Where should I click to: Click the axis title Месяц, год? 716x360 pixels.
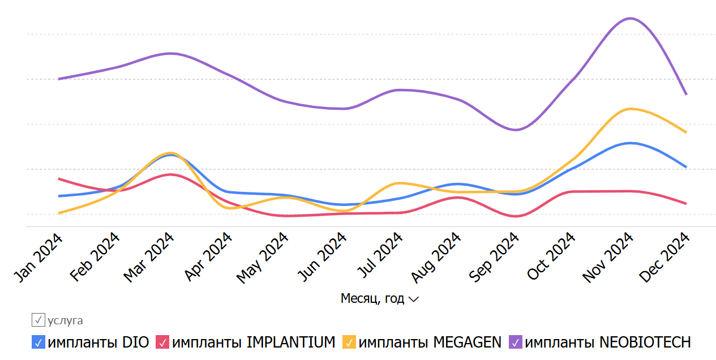(372, 298)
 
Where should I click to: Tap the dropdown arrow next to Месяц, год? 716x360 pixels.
(414, 299)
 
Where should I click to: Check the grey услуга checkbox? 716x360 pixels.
(38, 320)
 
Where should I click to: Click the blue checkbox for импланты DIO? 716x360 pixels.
(38, 342)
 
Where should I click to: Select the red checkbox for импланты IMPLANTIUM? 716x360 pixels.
(162, 342)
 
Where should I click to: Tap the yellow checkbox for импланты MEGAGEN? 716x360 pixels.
(350, 342)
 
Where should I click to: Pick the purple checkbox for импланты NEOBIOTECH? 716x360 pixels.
(516, 342)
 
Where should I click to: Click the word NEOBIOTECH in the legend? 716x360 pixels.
(645, 342)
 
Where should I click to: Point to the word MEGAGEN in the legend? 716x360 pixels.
(467, 342)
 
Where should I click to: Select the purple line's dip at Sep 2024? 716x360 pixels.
(516, 130)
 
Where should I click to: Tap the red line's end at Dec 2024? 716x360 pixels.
(687, 204)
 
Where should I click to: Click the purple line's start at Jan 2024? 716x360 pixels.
(59, 79)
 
